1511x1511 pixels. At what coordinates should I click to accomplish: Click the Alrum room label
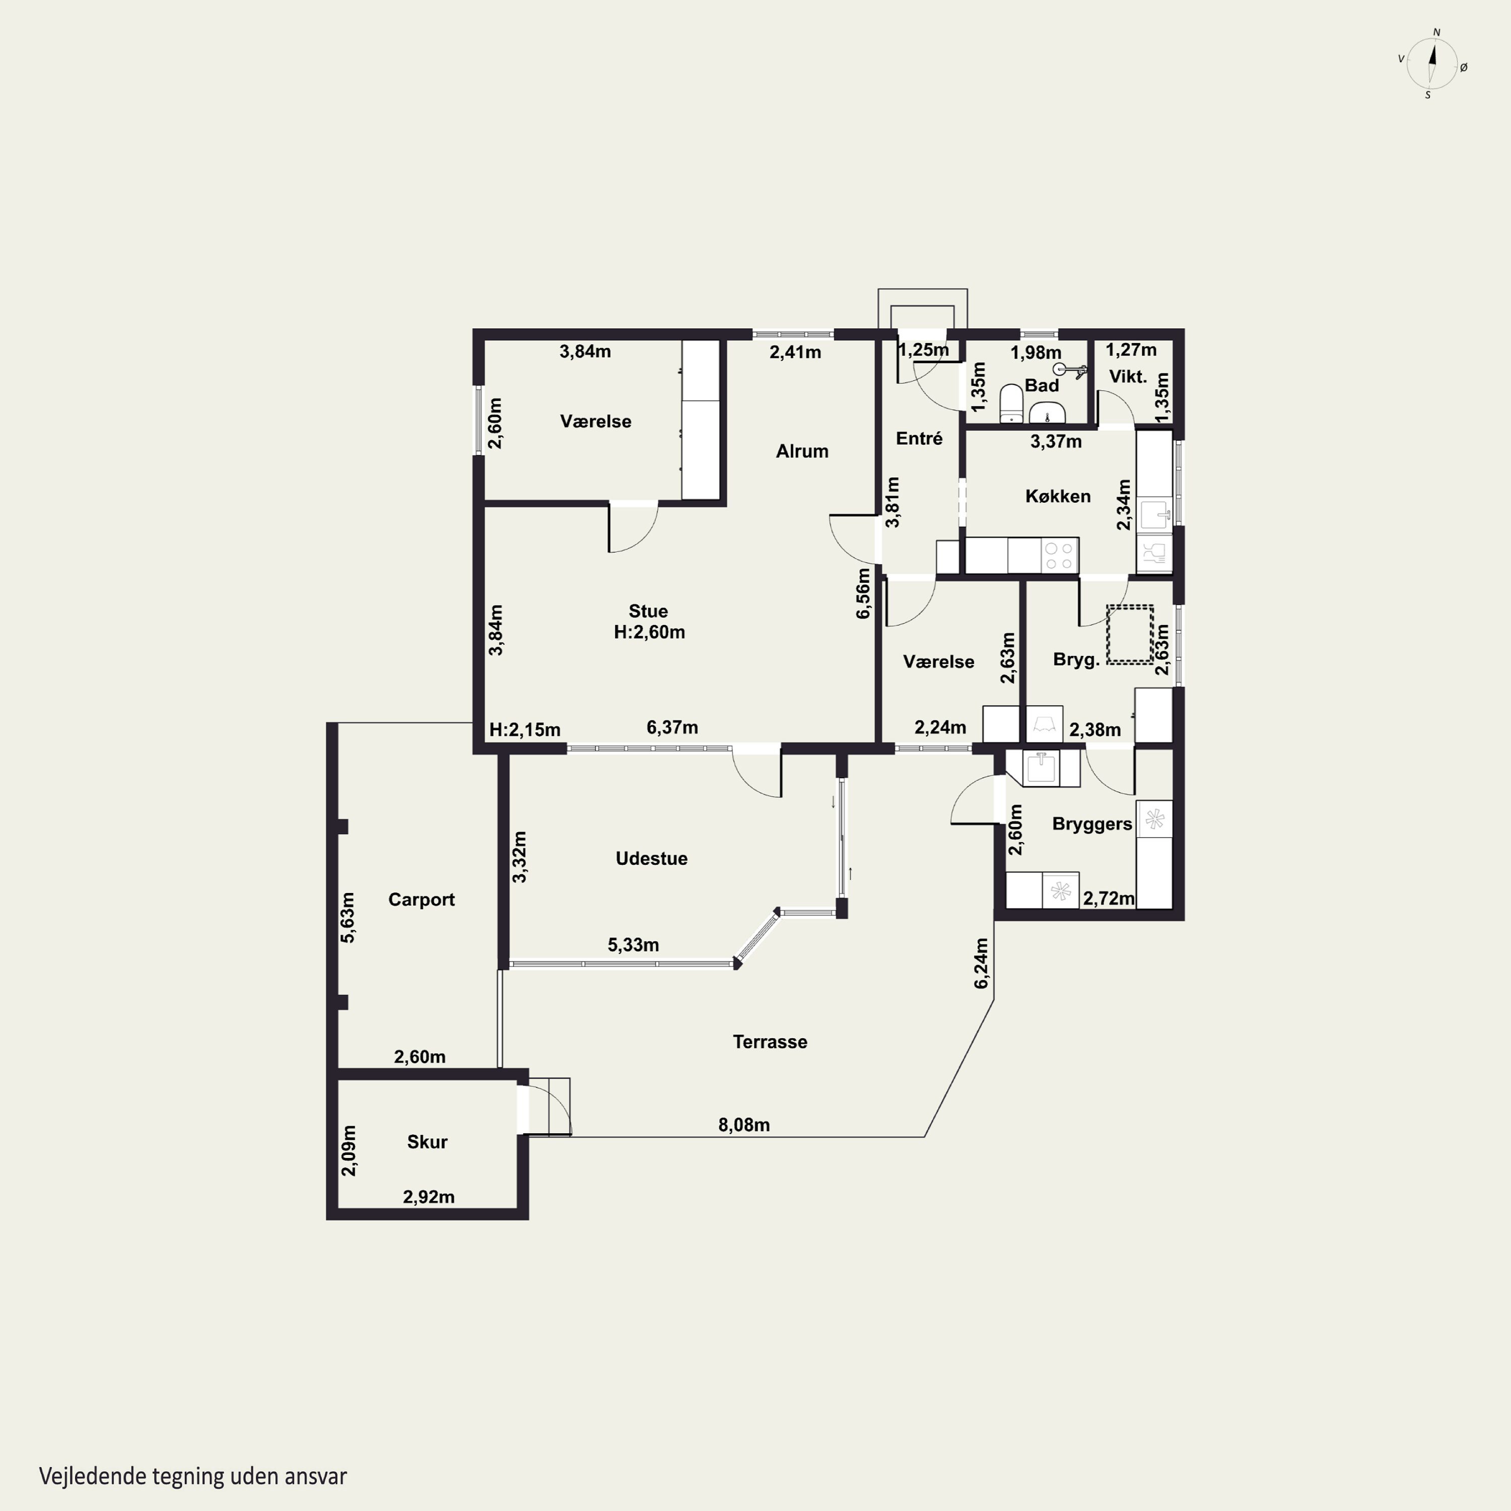[802, 451]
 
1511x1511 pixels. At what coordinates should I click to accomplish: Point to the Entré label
[919, 439]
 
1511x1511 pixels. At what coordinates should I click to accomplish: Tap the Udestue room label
[651, 859]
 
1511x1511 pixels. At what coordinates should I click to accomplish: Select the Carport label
[422, 900]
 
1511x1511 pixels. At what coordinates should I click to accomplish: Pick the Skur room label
[427, 1142]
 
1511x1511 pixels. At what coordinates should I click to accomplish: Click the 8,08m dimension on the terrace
[744, 1125]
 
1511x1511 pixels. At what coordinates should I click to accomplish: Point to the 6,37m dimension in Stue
[672, 727]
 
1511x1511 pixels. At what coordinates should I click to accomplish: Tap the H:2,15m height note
[525, 730]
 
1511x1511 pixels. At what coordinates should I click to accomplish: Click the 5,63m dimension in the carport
[348, 917]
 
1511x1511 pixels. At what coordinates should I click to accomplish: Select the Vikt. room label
[1128, 377]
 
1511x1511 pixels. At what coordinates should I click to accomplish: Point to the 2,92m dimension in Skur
[429, 1197]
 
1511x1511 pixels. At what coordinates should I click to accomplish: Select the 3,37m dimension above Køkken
[1056, 441]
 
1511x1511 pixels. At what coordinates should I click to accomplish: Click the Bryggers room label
[1092, 825]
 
